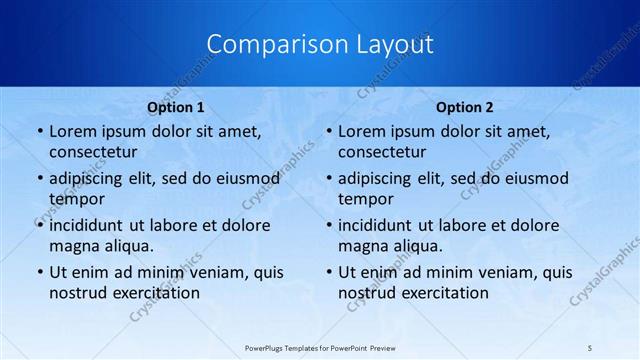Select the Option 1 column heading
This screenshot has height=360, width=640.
point(176,107)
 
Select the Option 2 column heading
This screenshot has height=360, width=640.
point(465,107)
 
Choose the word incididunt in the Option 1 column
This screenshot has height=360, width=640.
point(89,225)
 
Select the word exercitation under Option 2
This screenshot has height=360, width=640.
point(443,292)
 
